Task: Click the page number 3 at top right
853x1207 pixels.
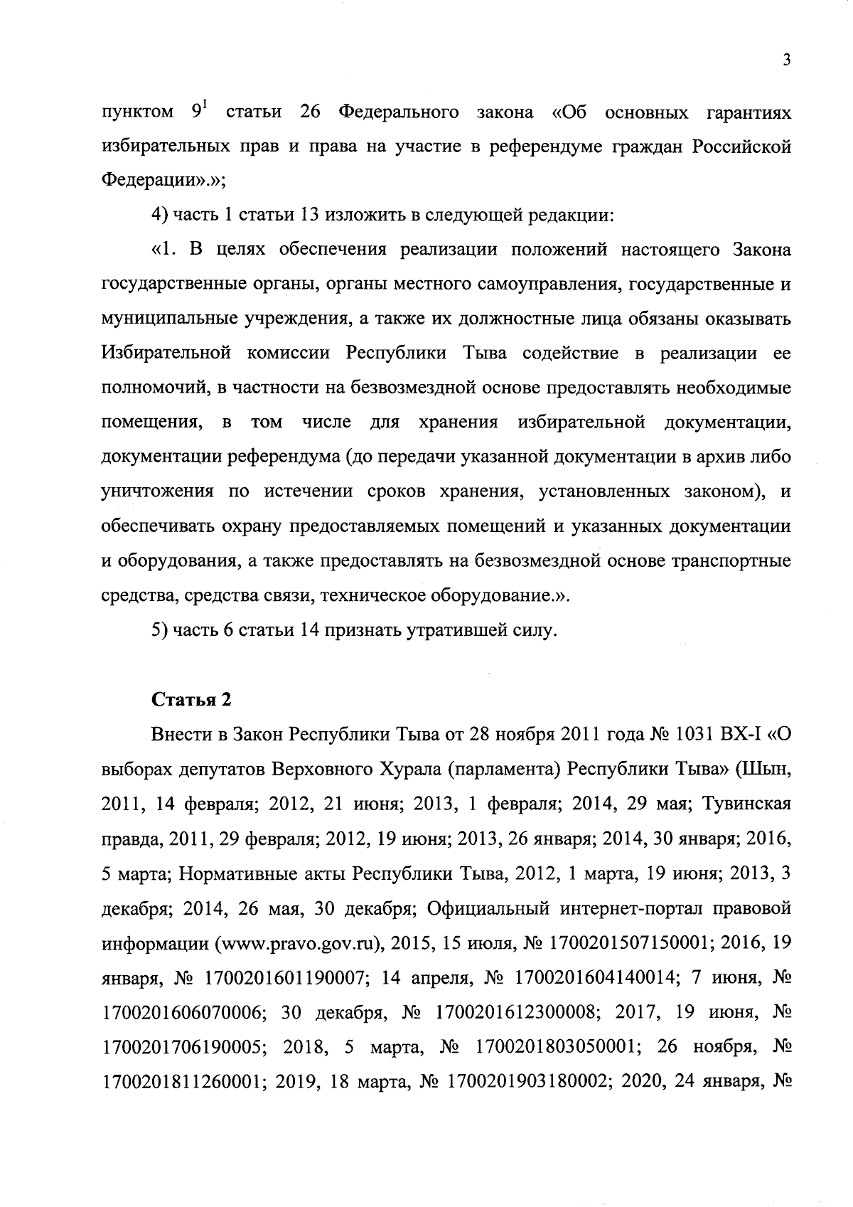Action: pos(785,61)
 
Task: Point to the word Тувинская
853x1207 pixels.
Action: pos(746,804)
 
